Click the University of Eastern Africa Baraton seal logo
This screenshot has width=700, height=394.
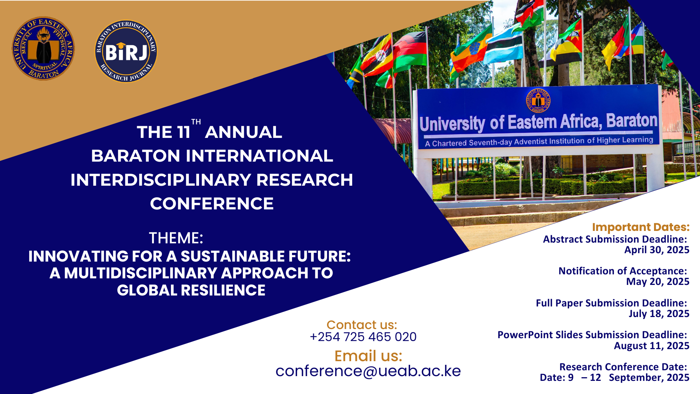pyautogui.click(x=43, y=48)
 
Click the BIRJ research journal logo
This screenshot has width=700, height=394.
pyautogui.click(x=126, y=51)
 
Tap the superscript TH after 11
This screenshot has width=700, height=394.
pyautogui.click(x=196, y=122)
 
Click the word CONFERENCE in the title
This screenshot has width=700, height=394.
pyautogui.click(x=211, y=204)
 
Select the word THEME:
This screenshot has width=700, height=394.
pyautogui.click(x=176, y=238)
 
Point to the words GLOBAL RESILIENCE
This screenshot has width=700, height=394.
pyautogui.click(x=191, y=290)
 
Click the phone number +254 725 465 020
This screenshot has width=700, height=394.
pyautogui.click(x=363, y=337)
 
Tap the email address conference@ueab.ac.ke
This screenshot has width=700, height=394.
pyautogui.click(x=368, y=371)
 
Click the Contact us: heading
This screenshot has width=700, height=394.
pyautogui.click(x=362, y=325)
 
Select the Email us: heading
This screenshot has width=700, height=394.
pyautogui.click(x=368, y=356)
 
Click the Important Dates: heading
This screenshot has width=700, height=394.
pyautogui.click(x=641, y=227)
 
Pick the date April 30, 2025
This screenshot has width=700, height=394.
pyautogui.click(x=657, y=250)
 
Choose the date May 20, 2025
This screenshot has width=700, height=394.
pyautogui.click(x=657, y=282)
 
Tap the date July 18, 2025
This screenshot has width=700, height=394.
pyautogui.click(x=658, y=314)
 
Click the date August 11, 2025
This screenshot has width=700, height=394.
pyautogui.click(x=651, y=346)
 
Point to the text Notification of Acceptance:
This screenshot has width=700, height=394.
pyautogui.click(x=622, y=271)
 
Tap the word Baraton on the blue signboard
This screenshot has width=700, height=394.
pyautogui.click(x=631, y=120)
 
